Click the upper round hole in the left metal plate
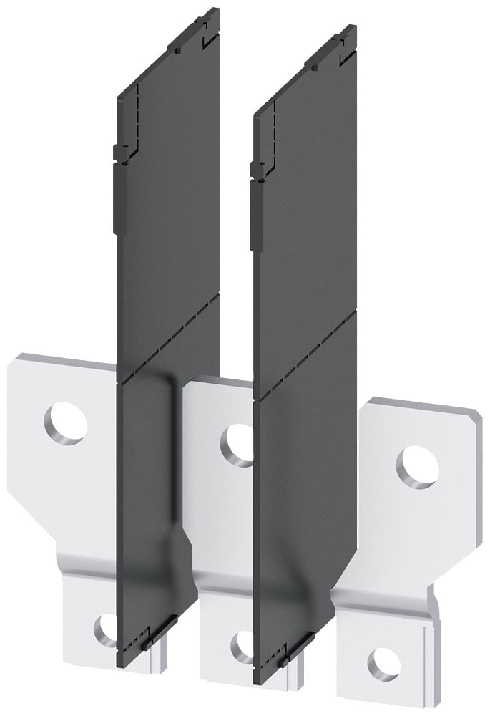[x=66, y=423]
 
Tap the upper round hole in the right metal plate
[x=417, y=468]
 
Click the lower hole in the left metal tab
[x=106, y=629]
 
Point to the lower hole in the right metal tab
[x=383, y=664]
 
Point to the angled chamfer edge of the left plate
[x=32, y=522]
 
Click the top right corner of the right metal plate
[x=478, y=415]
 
